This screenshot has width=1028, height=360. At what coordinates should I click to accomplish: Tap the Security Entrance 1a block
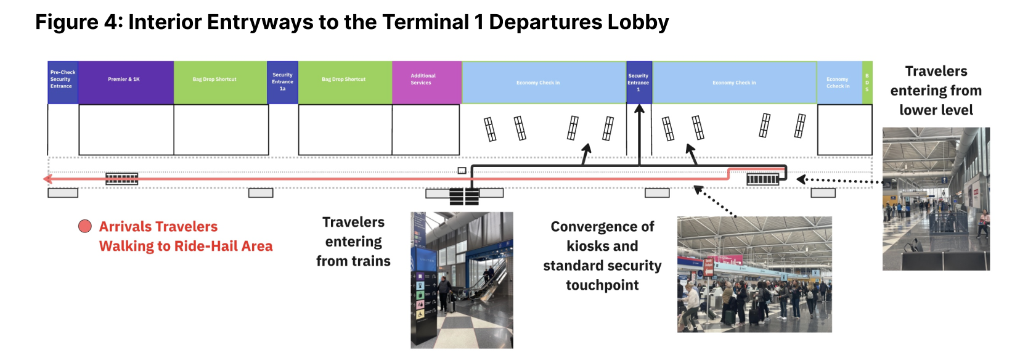coord(282,82)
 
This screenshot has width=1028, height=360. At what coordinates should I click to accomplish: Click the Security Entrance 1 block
coord(638,82)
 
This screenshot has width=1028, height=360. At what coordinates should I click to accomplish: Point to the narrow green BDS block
coord(867,82)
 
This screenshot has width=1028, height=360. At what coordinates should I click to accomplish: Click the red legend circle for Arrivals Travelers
coord(85,227)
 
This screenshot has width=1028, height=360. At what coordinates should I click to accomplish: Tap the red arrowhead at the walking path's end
coord(47,179)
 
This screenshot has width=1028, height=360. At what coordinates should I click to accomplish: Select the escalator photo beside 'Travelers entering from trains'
coord(462,280)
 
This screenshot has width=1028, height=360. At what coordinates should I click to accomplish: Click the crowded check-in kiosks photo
coord(754,274)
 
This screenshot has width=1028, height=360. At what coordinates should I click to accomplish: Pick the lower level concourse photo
coord(936,198)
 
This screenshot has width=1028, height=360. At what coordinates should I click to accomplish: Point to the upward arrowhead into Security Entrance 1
coord(639,109)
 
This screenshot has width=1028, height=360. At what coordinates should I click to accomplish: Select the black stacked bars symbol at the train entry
coord(464,197)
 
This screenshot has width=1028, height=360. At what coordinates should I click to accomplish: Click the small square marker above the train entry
coord(462,171)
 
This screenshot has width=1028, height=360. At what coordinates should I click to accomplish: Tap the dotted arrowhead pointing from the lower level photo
coord(801,179)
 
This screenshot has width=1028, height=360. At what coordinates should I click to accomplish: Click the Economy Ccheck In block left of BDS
coord(838,82)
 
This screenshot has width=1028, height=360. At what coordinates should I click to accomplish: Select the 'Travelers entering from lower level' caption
coord(936,91)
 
